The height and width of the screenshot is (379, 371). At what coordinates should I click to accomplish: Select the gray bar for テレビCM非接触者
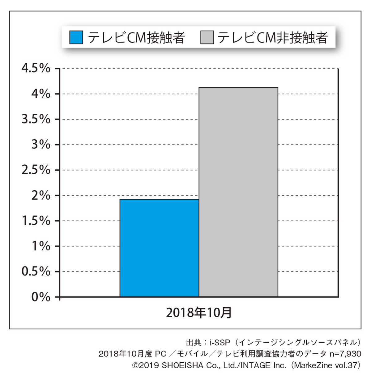tap(238, 192)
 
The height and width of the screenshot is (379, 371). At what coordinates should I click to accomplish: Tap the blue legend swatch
tap(76, 37)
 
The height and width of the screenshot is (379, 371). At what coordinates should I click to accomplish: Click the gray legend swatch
tap(207, 37)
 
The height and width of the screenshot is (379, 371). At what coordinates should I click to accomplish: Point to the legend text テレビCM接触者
tap(136, 38)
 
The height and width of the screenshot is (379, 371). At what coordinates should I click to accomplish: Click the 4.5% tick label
tap(36, 69)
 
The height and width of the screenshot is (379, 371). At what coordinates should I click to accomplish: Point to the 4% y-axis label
tap(41, 94)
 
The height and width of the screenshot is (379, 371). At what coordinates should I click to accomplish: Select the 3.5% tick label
tap(36, 119)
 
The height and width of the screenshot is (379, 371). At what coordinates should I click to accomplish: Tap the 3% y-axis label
tap(41, 145)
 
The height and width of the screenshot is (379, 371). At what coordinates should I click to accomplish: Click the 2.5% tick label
tap(36, 170)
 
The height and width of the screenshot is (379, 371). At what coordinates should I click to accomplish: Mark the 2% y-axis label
tap(41, 196)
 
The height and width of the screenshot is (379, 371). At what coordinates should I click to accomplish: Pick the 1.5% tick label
tap(36, 221)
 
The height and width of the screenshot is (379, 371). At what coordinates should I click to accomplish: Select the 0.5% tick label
tap(36, 272)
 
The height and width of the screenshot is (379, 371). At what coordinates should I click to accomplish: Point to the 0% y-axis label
tap(41, 297)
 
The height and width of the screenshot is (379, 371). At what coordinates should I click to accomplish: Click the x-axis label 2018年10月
tap(199, 313)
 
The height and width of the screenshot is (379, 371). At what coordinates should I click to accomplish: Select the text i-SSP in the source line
tap(220, 343)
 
